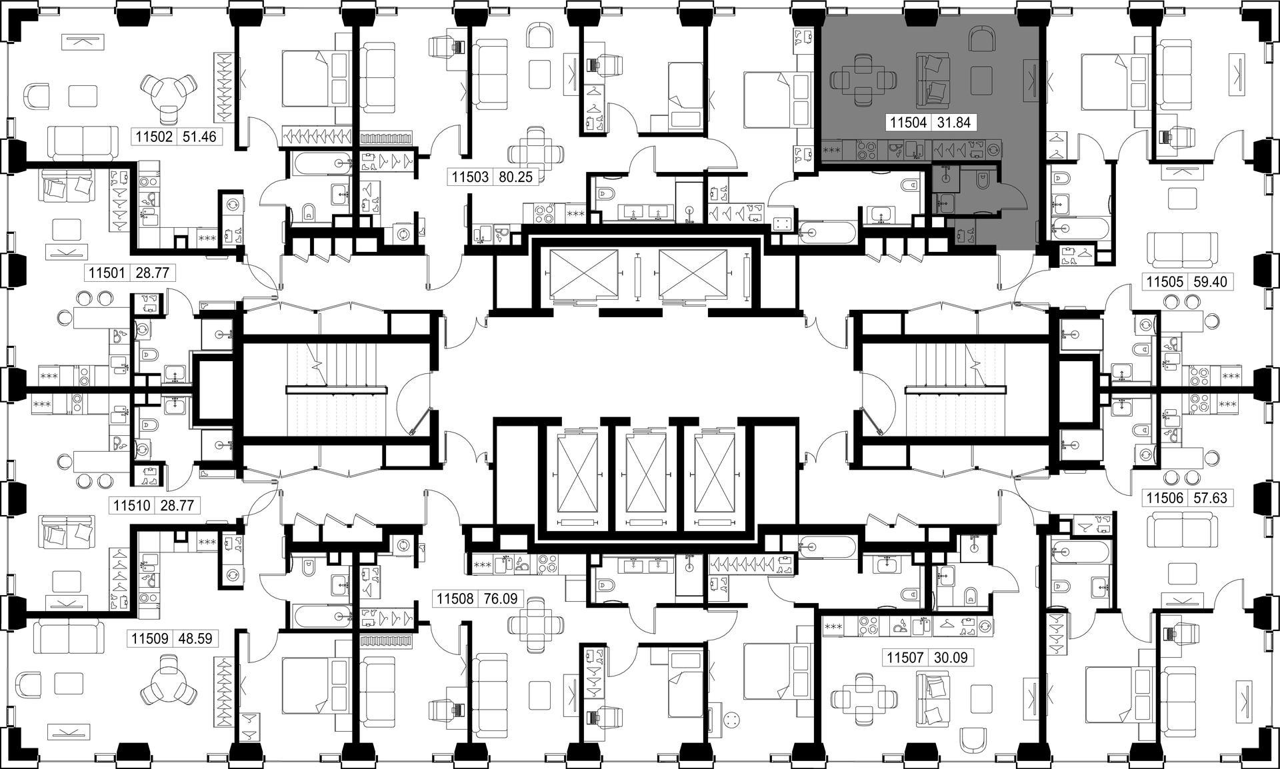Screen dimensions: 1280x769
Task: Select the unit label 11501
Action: (x=108, y=273)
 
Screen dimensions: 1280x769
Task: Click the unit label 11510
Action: (x=133, y=506)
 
